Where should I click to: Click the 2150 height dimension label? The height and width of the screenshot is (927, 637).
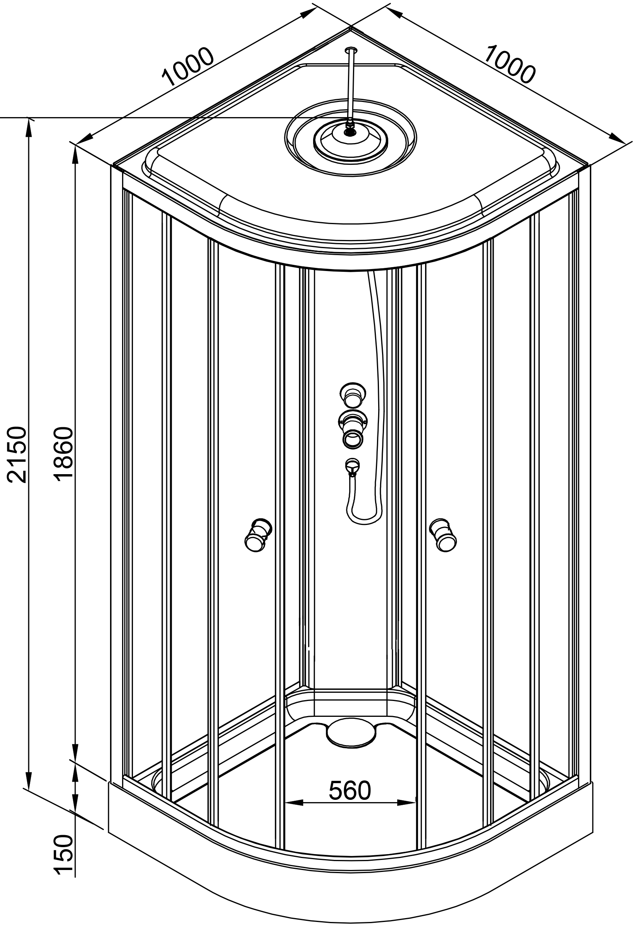18,455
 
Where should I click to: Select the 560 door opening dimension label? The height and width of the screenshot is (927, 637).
349,791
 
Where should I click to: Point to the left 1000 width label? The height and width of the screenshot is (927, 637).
188,67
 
